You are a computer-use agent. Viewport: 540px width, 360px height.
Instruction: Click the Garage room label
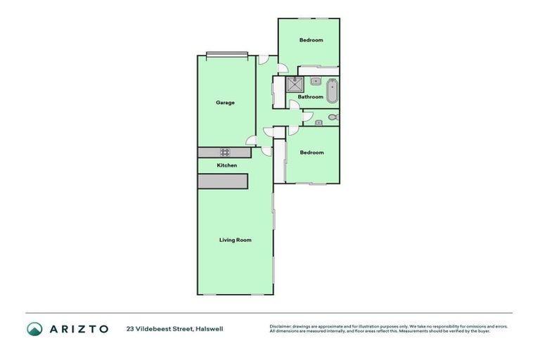[x=225, y=103]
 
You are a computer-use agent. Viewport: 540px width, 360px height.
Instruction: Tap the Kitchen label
[x=226, y=165]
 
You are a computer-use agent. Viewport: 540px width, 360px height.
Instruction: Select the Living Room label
[x=235, y=240]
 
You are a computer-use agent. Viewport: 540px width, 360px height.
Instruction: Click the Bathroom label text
[x=310, y=97]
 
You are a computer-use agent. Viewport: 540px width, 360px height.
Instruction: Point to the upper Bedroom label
[x=311, y=40]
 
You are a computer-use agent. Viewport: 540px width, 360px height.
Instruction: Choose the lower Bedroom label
[x=311, y=153]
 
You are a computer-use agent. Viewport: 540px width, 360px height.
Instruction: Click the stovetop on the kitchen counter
[x=226, y=152]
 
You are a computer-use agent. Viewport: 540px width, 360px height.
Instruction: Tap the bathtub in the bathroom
[x=331, y=92]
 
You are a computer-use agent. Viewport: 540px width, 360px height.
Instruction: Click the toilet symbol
[x=333, y=117]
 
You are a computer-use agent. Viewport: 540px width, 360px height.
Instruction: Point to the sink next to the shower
[x=316, y=82]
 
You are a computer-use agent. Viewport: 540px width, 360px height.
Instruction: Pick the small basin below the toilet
[x=319, y=123]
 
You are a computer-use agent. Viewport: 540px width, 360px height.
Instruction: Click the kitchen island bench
[x=223, y=181]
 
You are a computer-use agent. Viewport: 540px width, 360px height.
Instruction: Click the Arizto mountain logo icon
[x=34, y=328]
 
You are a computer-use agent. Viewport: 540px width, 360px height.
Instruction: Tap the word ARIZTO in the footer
[x=79, y=328]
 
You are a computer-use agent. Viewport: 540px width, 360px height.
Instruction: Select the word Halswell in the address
[x=209, y=328]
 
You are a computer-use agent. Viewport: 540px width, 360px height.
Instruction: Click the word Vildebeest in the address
[x=156, y=328]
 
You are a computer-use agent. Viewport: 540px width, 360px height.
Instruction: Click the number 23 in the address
[x=130, y=328]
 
